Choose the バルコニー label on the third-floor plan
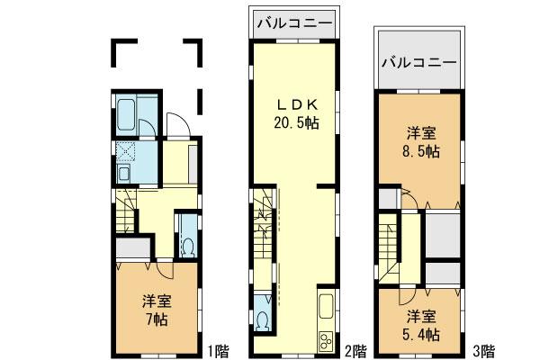[418, 63]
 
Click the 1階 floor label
[219, 348]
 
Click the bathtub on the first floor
[127, 115]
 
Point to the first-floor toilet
[188, 241]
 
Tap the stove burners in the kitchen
[324, 340]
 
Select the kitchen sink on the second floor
[325, 306]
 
